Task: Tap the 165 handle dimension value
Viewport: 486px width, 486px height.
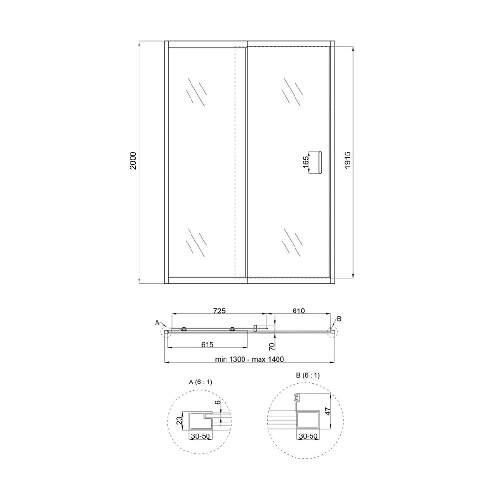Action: pyautogui.click(x=306, y=162)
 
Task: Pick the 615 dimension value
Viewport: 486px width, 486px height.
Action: pyautogui.click(x=208, y=344)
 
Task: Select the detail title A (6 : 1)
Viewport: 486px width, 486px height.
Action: pyautogui.click(x=201, y=382)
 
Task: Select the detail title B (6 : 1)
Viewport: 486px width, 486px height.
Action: pyautogui.click(x=308, y=375)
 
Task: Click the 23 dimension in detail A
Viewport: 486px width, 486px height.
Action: pyautogui.click(x=179, y=420)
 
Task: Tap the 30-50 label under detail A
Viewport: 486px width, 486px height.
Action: pyautogui.click(x=200, y=437)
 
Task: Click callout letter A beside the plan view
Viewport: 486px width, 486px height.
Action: pyautogui.click(x=157, y=322)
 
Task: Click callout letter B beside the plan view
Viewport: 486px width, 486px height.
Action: pyautogui.click(x=339, y=319)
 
